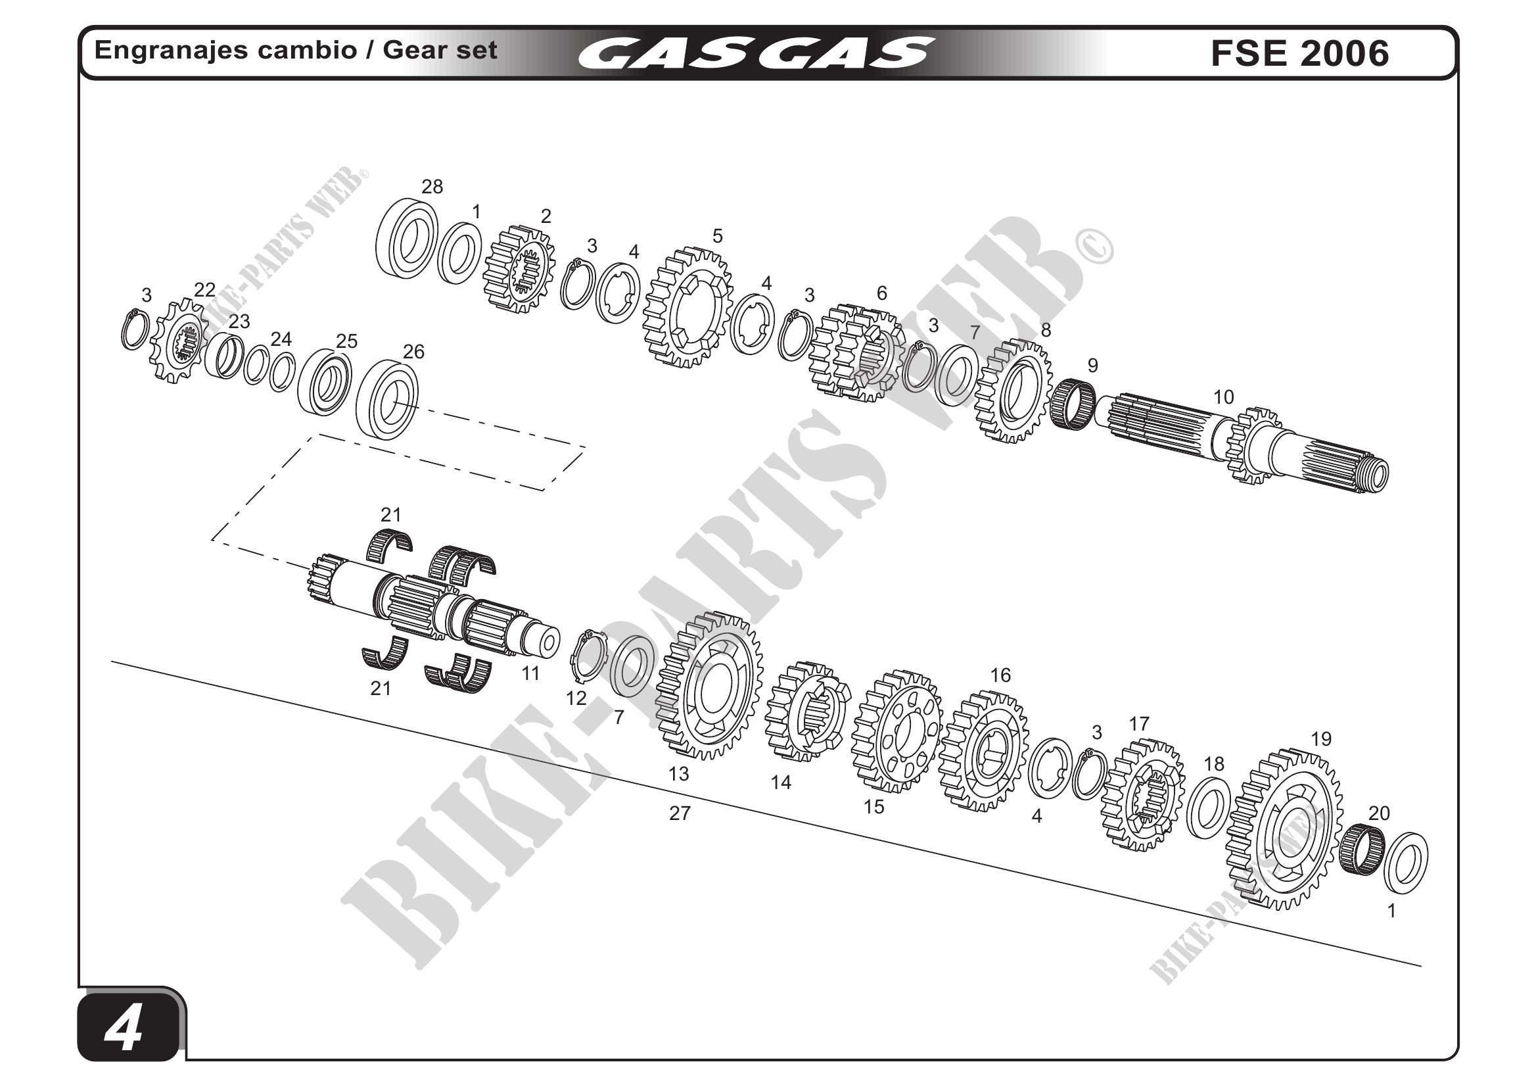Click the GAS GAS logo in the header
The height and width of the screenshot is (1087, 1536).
[756, 53]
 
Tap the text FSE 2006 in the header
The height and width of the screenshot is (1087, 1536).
[1299, 53]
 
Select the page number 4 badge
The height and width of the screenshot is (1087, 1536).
[127, 1028]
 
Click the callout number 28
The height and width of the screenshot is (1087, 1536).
[432, 187]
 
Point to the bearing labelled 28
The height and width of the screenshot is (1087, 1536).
[406, 239]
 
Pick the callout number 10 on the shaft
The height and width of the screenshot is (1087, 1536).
[1223, 397]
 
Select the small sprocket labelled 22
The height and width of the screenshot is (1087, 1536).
[179, 340]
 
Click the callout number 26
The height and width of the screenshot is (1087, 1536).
[413, 351]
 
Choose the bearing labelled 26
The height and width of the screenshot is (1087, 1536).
[386, 400]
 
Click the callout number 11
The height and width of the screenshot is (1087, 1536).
[530, 673]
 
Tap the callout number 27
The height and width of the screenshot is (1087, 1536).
[680, 813]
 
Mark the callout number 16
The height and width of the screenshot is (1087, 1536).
[1000, 675]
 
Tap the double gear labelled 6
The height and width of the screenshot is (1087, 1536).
[856, 352]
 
